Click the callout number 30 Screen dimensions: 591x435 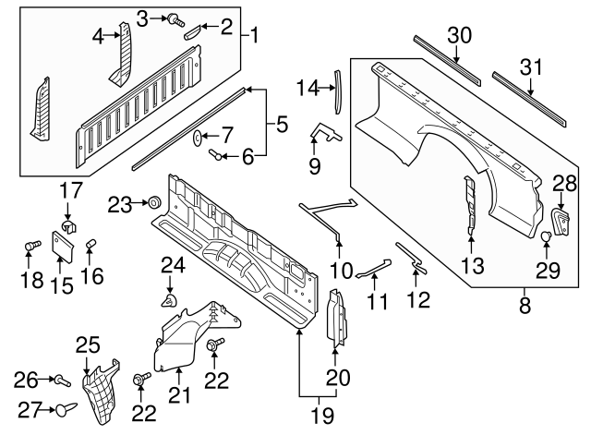460,35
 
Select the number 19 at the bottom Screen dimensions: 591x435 322,416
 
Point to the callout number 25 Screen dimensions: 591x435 88,344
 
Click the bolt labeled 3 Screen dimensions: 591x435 175,19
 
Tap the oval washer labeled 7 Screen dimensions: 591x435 197,137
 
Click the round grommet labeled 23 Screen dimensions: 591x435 154,202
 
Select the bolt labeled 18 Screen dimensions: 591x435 32,246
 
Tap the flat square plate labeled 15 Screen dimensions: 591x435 62,247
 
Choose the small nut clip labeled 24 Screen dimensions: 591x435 170,301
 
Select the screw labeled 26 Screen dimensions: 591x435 63,381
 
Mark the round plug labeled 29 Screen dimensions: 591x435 546,236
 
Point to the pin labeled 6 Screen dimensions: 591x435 215,154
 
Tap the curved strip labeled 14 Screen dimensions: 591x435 337,91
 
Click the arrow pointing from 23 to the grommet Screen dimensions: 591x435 139,203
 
